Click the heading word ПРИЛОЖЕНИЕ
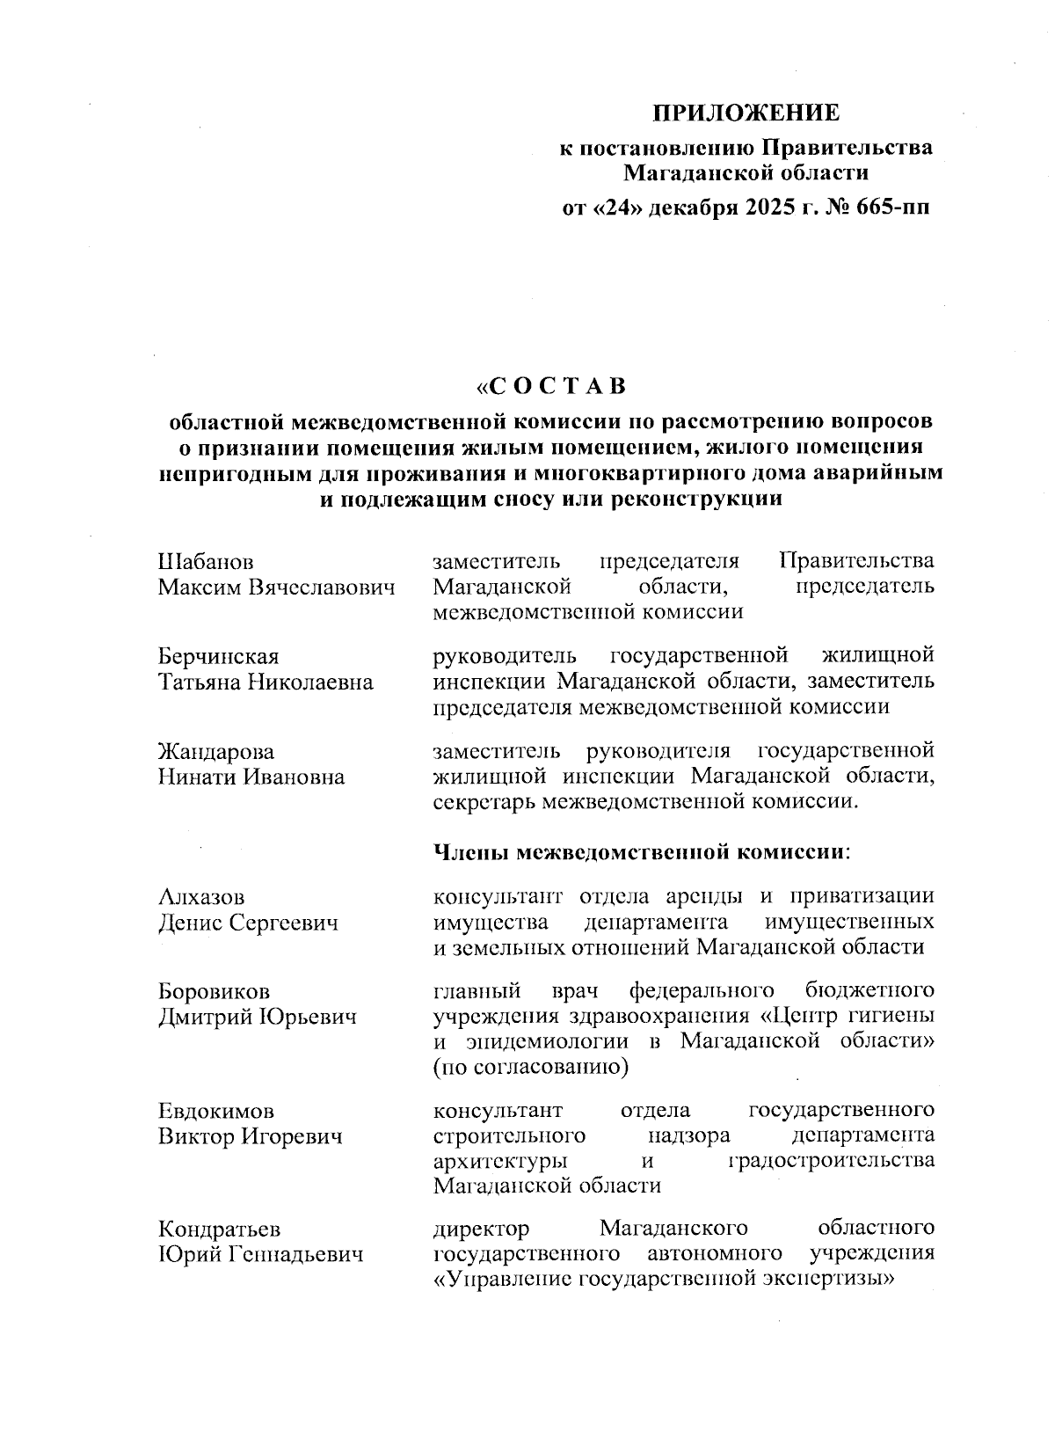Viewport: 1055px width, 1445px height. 746,113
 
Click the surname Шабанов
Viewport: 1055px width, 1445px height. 206,561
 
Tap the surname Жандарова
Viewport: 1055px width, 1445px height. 216,752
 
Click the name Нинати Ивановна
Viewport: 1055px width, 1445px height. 251,777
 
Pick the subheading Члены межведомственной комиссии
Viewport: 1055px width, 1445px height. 644,851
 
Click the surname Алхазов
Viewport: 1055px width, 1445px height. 201,897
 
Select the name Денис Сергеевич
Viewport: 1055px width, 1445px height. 248,923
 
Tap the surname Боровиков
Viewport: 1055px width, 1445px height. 214,991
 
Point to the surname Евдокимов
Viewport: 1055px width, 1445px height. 216,1110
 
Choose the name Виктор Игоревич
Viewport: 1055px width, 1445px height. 250,1136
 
